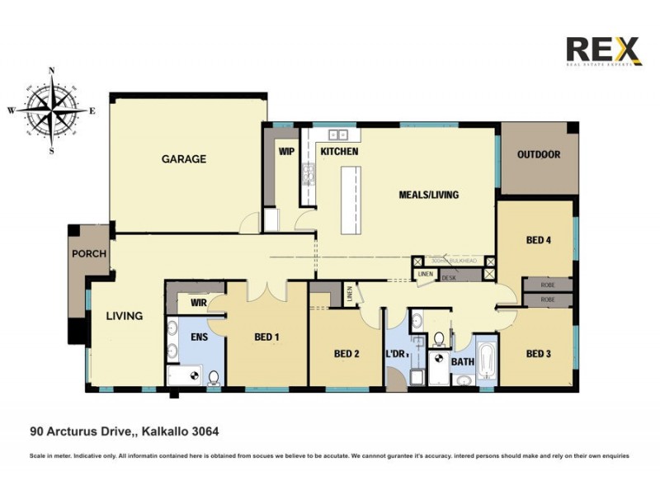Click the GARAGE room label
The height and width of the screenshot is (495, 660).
[183, 159]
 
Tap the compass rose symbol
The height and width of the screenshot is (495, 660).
[52, 111]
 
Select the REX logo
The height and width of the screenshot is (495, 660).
[603, 50]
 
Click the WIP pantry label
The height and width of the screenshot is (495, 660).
[286, 152]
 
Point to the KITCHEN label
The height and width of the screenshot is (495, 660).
[339, 152]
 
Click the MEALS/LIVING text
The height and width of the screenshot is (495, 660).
[428, 195]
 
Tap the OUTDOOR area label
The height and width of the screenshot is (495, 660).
[539, 154]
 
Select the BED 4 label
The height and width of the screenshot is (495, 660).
[539, 240]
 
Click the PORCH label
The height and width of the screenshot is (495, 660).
[88, 253]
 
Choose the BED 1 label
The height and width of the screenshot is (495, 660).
[266, 337]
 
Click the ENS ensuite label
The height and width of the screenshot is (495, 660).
[199, 337]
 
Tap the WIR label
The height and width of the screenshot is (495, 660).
[198, 303]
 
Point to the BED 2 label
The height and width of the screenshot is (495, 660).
[346, 354]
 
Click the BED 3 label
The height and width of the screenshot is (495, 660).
[539, 354]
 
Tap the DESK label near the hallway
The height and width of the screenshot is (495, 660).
[449, 278]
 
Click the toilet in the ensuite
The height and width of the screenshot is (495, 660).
[214, 378]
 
